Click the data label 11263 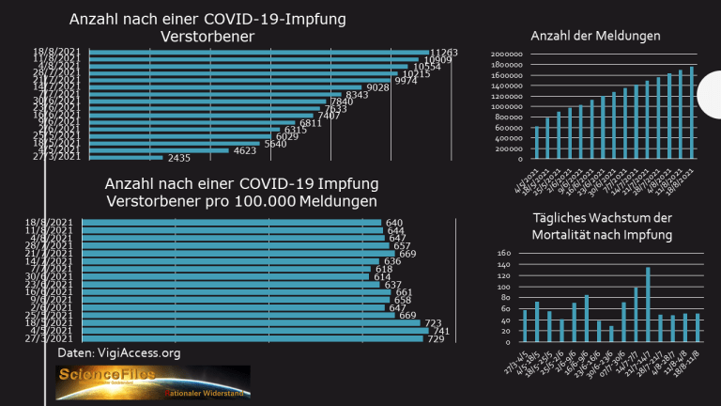coord(443,53)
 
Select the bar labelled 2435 coord(122,158)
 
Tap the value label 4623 coord(245,150)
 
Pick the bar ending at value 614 coord(225,276)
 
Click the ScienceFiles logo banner coord(152,383)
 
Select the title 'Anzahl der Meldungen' coord(595,36)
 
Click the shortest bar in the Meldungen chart coord(536,142)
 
